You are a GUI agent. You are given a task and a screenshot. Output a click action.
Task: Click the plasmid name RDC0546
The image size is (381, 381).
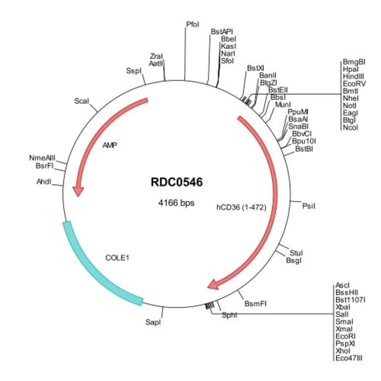click(176, 182)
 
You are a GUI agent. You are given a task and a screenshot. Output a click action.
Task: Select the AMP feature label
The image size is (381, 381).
click(110, 144)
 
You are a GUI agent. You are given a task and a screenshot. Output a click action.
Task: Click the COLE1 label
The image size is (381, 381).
click(117, 257)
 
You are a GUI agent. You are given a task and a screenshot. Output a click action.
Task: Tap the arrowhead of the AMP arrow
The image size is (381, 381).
click(78, 191)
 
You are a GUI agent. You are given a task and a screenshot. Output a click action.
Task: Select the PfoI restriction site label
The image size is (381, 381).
click(192, 25)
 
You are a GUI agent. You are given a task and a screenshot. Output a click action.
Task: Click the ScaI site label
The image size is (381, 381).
click(81, 101)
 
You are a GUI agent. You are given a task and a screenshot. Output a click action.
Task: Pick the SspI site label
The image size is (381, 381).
click(134, 71)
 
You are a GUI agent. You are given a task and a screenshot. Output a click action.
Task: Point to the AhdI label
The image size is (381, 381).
click(44, 182)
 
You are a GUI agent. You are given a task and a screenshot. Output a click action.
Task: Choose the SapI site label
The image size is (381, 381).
click(152, 322)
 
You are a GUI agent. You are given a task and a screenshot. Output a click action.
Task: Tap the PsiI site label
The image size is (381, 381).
click(309, 205)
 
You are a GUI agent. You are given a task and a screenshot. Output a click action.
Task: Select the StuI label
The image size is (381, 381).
click(297, 251)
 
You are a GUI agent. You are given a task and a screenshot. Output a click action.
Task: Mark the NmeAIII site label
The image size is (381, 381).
click(42, 158)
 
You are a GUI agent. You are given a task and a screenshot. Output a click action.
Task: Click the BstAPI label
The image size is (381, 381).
click(222, 30)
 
